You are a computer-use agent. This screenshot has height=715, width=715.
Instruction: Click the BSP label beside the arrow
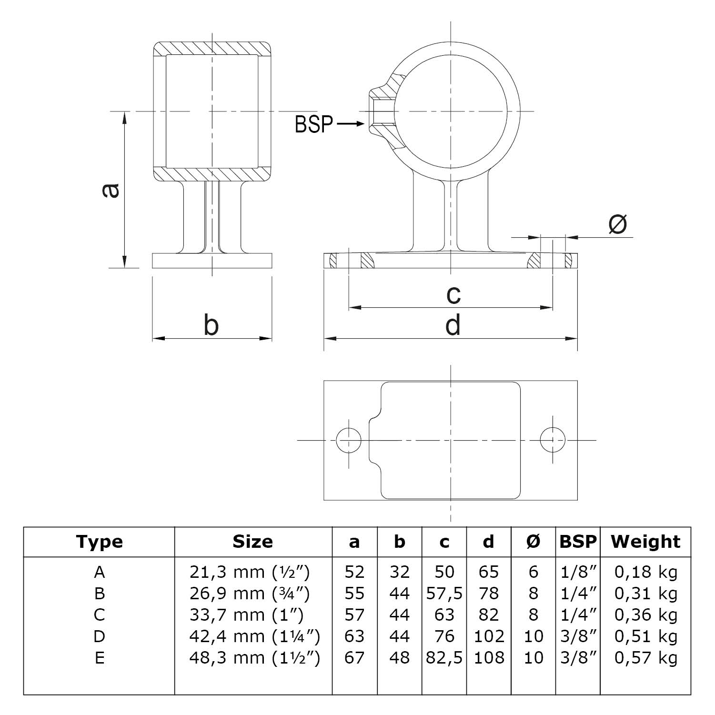point(314,125)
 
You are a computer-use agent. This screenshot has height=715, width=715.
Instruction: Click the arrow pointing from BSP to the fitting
point(351,124)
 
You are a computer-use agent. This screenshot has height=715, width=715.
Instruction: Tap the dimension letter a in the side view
point(111,190)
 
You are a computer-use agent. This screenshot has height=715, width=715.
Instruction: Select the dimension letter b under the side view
point(211,326)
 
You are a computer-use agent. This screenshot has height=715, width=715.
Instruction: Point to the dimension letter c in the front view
point(453,294)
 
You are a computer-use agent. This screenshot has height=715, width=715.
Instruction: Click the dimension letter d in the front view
point(453,326)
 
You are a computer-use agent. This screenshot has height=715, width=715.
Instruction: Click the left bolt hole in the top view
point(349,440)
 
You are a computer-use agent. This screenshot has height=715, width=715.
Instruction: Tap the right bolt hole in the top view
point(553,440)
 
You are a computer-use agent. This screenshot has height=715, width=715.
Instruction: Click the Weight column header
point(645,542)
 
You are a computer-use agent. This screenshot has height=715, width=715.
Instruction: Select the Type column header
point(99,542)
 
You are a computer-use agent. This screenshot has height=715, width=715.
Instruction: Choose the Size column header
point(252,542)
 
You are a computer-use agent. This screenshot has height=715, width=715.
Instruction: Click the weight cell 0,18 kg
point(645,572)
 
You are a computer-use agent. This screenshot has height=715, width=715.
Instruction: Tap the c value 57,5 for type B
point(444,593)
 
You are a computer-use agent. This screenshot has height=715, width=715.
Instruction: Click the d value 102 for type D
point(489,636)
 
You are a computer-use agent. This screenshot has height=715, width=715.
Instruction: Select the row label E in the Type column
point(99,657)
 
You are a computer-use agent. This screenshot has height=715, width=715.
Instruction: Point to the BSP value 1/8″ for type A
point(578,572)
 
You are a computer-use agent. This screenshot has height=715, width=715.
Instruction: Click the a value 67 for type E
point(354,657)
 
